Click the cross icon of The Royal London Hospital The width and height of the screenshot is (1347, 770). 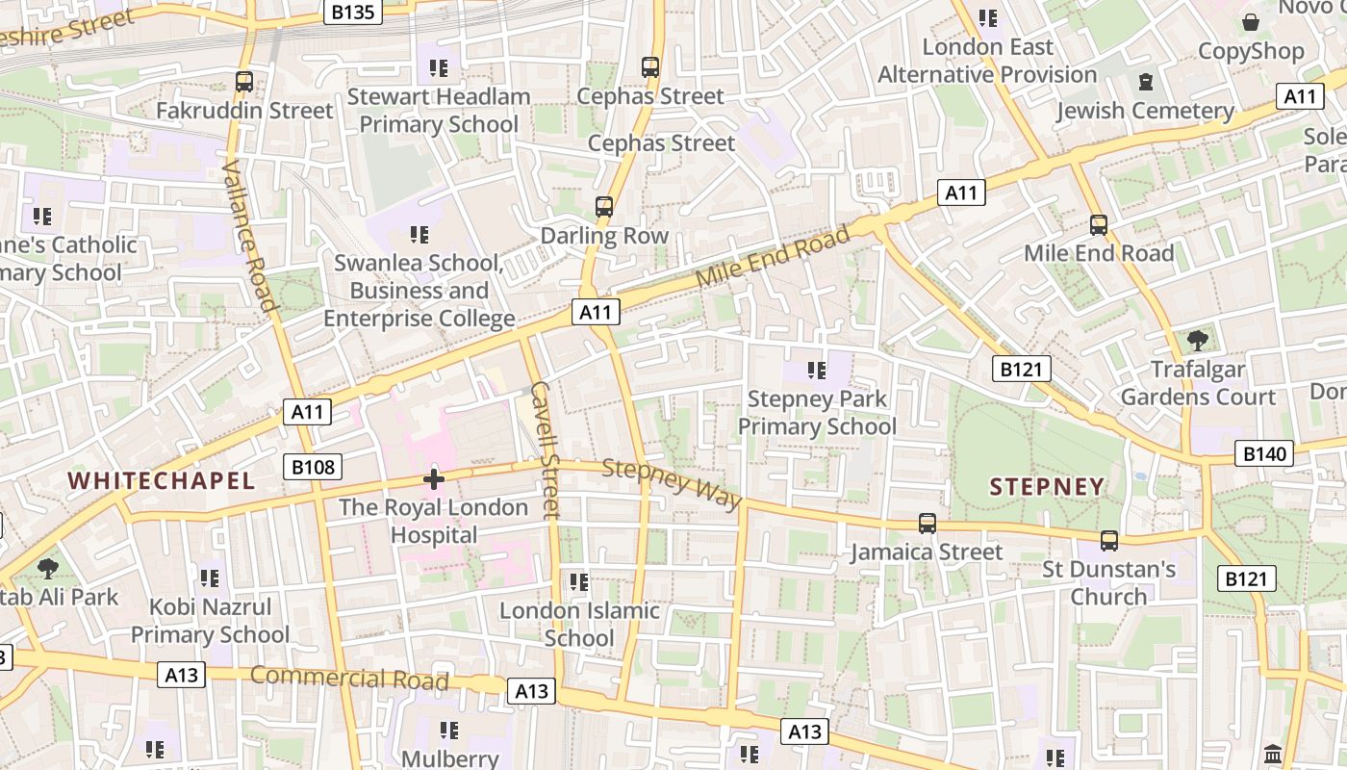(434, 478)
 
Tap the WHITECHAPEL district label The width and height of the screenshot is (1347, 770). (162, 480)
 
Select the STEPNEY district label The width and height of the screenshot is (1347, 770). (1047, 487)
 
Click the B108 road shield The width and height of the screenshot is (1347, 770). (313, 468)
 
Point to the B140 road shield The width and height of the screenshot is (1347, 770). (1264, 453)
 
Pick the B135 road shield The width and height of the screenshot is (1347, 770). (354, 12)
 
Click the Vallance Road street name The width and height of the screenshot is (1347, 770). (249, 236)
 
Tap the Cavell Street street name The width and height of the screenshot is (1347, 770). (545, 449)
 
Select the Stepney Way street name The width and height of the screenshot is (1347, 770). (673, 484)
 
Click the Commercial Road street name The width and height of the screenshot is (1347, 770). (349, 678)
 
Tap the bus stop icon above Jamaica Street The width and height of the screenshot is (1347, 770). (927, 524)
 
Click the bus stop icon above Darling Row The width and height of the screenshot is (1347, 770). (604, 207)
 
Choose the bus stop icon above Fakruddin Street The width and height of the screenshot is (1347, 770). (244, 82)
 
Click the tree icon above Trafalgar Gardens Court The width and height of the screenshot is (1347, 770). (1198, 340)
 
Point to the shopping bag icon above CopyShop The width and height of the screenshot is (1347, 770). (1251, 21)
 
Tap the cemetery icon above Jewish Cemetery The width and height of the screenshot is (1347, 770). (1145, 82)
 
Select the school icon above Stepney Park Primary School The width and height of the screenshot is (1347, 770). (817, 370)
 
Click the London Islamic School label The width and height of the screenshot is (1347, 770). (579, 624)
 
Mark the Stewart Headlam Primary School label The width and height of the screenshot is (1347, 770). (439, 110)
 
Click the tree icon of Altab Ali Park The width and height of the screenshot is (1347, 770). (47, 568)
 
